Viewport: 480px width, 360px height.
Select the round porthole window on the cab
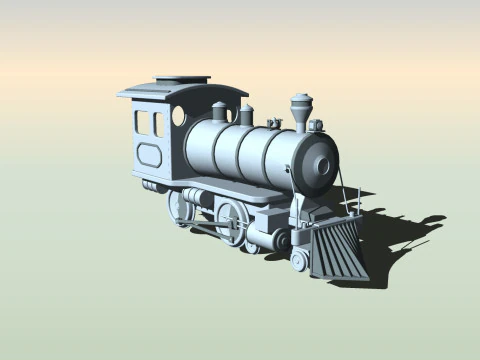coord(179,116)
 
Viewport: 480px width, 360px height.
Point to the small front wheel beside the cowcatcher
coord(298,261)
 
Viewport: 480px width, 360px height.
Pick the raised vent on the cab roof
coord(183,79)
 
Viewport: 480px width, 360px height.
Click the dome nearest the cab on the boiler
coord(220,110)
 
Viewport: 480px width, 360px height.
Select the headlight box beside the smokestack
coord(316,126)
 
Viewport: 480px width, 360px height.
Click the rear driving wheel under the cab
coord(184,207)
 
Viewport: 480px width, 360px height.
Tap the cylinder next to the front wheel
coord(265,237)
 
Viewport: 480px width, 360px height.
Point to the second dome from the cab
coord(246,115)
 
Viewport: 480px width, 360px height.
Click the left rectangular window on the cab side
coord(142,123)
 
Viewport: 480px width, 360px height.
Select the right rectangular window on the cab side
coord(158,124)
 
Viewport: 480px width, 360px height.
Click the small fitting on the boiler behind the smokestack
coord(274,123)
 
